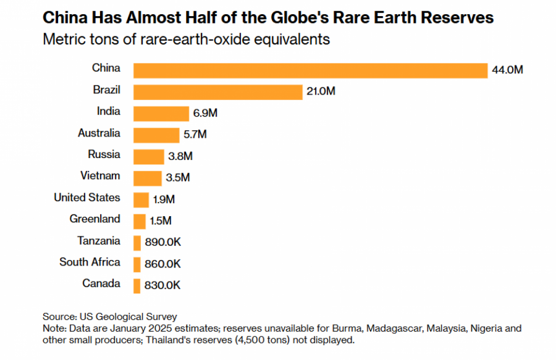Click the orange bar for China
pos(310,70)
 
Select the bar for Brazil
pos(217,92)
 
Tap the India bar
pos(161,114)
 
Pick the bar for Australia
pos(156,135)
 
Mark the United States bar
pos(141,199)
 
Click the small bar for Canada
pos(137,285)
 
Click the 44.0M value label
pos(507,70)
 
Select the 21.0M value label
pos(320,92)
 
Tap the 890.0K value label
pos(162,243)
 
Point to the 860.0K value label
pos(162,264)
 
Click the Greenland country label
pos(95,219)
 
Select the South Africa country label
pos(90,262)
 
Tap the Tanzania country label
pos(99,241)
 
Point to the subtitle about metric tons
pos(186,40)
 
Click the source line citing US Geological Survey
pos(110,317)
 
